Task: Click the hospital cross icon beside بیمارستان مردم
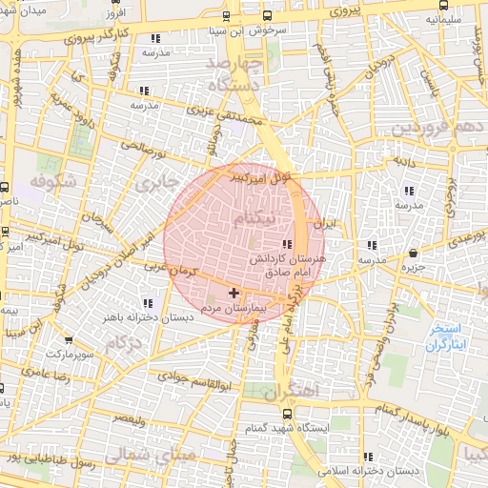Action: click(234, 292)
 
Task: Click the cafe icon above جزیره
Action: click(413, 253)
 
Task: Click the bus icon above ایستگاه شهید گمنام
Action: click(288, 412)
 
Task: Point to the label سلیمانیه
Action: click(444, 17)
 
